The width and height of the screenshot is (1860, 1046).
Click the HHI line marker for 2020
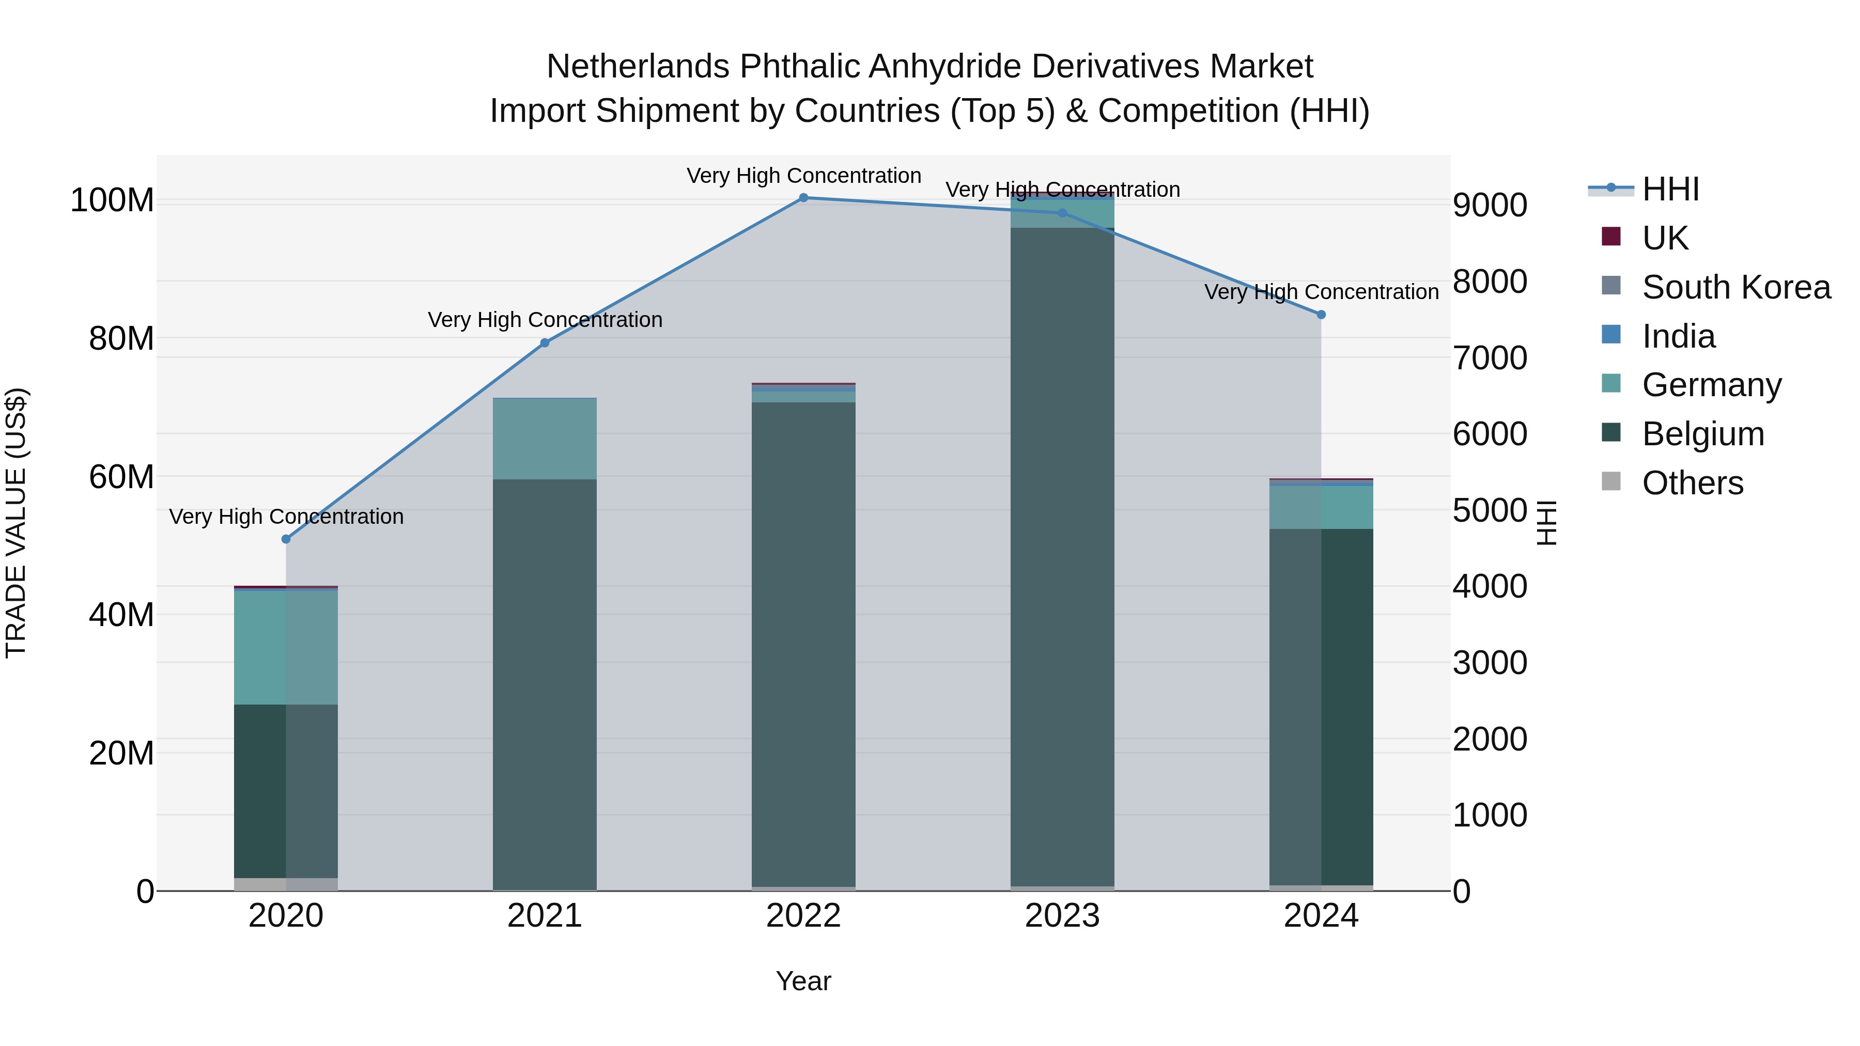[x=286, y=539]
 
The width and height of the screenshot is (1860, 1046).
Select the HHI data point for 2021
[x=545, y=343]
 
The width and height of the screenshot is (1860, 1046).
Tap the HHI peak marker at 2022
[x=803, y=198]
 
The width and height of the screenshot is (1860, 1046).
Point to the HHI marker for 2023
[x=1062, y=213]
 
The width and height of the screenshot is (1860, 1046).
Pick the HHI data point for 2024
[x=1321, y=315]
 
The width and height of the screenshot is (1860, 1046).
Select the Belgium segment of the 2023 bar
[x=1062, y=556]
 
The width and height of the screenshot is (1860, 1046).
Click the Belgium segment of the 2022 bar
[x=803, y=643]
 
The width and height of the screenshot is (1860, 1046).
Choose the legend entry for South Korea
[x=1736, y=287]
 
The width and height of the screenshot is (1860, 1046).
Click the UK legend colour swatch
[x=1611, y=237]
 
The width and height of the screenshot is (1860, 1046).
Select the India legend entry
[x=1678, y=336]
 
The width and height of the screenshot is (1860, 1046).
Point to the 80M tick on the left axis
[x=121, y=338]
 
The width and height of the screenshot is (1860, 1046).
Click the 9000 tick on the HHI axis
[x=1490, y=206]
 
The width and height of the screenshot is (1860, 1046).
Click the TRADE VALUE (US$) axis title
[x=16, y=523]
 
